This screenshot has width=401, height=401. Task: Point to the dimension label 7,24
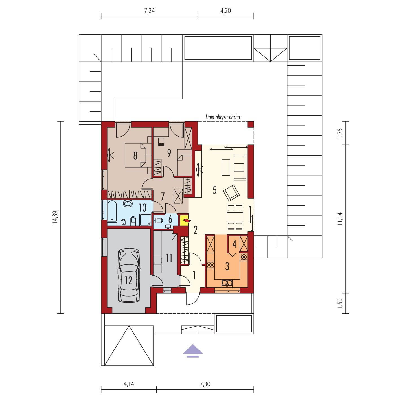[x=150, y=11]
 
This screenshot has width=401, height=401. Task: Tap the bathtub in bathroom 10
[x=112, y=211]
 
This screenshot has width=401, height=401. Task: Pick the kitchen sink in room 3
[x=227, y=283]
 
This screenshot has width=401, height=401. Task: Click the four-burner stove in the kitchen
[x=211, y=265]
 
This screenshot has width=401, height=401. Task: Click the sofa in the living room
[x=240, y=167]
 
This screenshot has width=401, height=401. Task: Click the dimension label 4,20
[x=225, y=11]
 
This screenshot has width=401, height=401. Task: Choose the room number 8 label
[x=135, y=155]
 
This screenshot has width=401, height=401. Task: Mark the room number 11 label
[x=169, y=258]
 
